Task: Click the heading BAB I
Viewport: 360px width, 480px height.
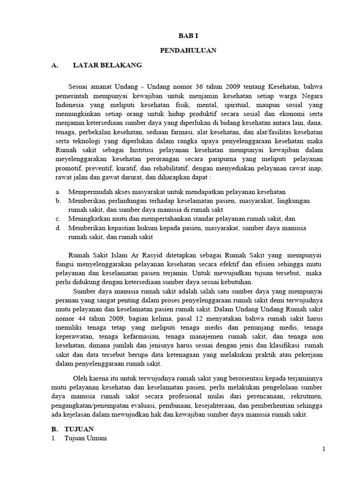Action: [190, 35]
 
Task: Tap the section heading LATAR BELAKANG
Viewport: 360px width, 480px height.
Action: [107, 66]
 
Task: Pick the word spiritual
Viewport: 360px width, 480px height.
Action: [251, 105]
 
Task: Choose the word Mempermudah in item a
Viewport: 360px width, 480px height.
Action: [90, 192]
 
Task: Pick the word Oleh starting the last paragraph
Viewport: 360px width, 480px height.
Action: [80, 378]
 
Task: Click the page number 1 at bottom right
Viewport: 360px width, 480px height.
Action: [323, 449]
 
